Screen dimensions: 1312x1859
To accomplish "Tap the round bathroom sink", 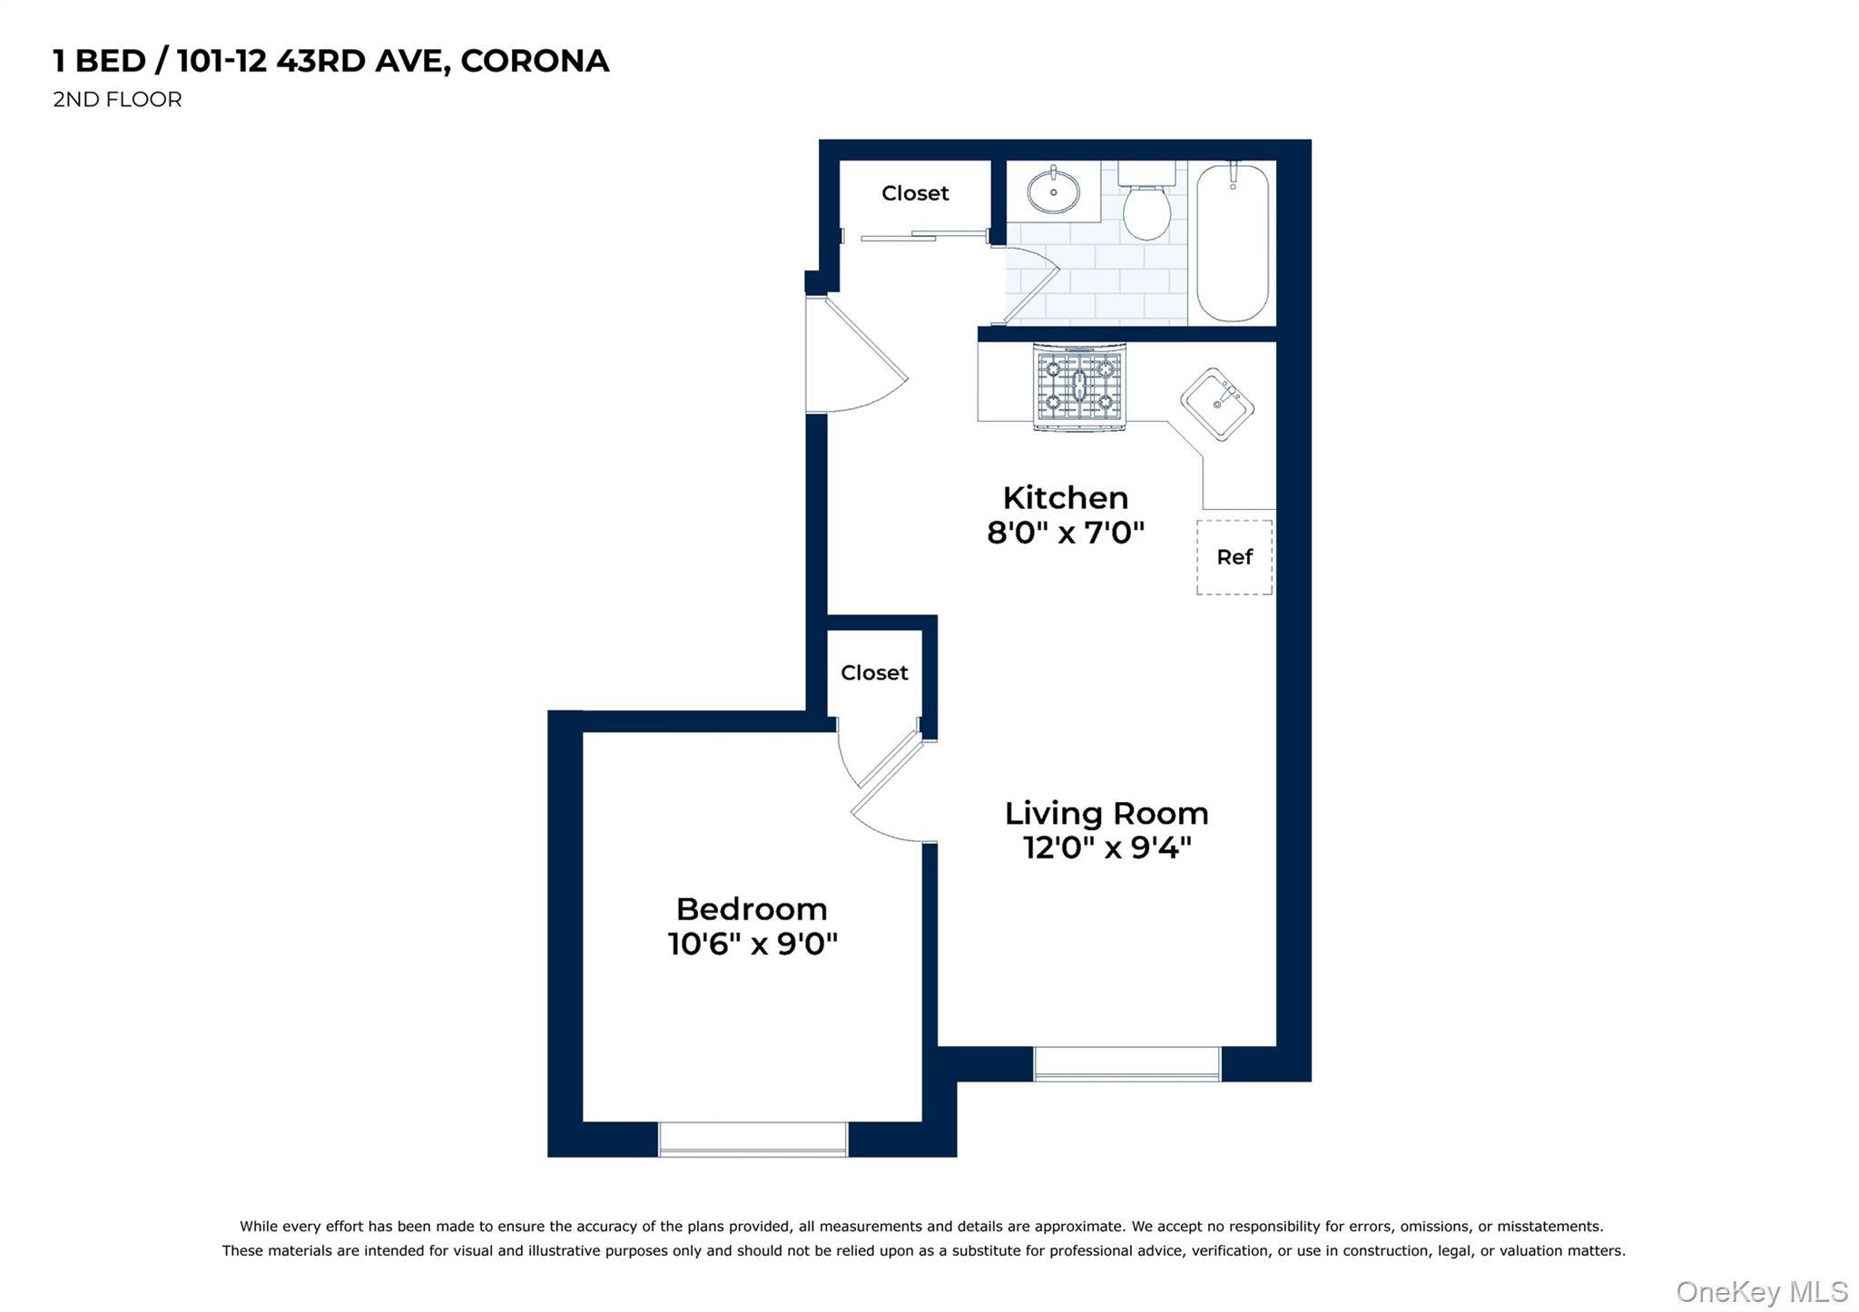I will [1053, 191].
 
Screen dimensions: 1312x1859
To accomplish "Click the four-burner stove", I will [1079, 387].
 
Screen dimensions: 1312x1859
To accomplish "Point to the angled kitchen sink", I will [1217, 405].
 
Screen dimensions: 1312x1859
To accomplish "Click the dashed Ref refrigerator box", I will [1234, 557].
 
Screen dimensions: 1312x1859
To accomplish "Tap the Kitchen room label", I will [1065, 498].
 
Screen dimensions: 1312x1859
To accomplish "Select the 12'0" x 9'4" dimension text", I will [1107, 847].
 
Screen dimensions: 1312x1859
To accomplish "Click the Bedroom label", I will [752, 909].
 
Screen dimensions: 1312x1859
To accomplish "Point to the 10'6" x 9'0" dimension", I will [752, 944].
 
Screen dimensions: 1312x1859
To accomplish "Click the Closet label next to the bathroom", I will [915, 193].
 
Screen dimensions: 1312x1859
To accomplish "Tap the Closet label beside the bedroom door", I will [874, 672].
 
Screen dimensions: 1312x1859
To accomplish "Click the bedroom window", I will [752, 1139].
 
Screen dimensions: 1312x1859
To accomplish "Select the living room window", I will [1126, 1063].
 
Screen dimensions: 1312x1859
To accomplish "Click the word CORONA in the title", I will [535, 61].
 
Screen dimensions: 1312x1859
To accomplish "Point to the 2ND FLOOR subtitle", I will [117, 100].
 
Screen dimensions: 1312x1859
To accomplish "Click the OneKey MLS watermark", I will [1761, 1291].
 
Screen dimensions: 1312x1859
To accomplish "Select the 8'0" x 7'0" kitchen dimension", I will [1066, 533].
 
